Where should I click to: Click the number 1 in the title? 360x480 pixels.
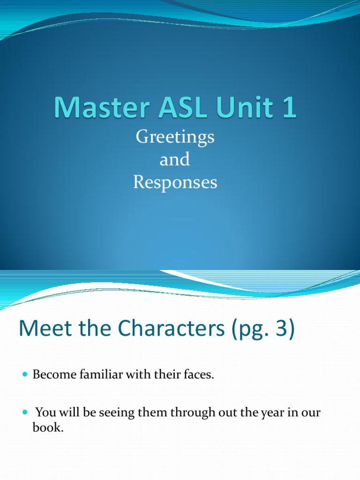289,108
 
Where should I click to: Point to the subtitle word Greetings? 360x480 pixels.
175,137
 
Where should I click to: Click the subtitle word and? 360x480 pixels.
175,160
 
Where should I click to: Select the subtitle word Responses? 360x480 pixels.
175,182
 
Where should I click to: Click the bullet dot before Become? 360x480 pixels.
25,376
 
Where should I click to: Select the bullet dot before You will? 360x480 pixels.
25,413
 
